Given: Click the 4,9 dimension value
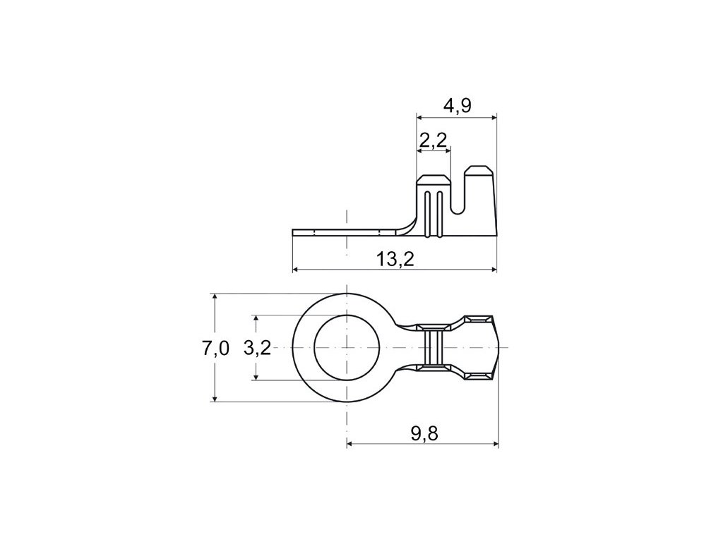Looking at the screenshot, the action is pos(457,106).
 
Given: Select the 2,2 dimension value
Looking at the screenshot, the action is pos(434,140).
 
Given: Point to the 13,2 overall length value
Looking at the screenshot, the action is pos(395,260).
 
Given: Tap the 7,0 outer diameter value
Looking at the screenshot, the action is pos(215,348).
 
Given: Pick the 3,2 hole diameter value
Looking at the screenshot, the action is pos(257,348).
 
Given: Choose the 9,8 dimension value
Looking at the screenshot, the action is pos(424,433).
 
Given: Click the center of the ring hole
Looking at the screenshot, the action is pos(347,347).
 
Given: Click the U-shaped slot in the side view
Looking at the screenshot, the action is pos(457,193).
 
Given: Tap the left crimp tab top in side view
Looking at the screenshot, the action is pos(434,179).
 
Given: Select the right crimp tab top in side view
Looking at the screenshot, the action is pos(479,171).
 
